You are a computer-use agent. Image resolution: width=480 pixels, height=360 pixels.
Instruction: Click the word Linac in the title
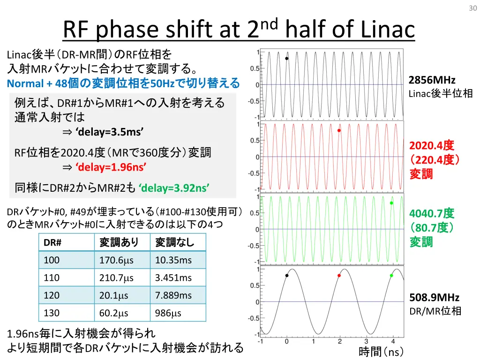389,30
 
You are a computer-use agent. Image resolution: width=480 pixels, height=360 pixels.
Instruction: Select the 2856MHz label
432,80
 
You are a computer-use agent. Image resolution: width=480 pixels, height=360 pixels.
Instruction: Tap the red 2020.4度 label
432,145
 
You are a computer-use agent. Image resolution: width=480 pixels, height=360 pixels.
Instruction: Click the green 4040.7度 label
432,214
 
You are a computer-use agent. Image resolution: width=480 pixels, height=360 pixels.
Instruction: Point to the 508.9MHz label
434,298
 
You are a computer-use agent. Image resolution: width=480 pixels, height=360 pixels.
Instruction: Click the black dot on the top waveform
287,59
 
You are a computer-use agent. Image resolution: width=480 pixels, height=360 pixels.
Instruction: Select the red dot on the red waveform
339,131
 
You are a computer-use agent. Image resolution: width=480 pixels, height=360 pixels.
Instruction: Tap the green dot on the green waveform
391,203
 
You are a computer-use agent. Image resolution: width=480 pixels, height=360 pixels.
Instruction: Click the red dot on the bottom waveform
339,276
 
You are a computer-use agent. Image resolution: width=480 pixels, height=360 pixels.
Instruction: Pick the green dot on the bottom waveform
391,276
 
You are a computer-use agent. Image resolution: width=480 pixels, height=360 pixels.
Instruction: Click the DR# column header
53,242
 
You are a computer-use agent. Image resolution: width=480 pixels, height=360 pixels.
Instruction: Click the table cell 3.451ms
173,278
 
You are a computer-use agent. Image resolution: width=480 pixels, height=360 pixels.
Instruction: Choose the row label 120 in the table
52,295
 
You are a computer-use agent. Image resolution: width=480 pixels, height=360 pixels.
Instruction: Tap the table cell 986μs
168,313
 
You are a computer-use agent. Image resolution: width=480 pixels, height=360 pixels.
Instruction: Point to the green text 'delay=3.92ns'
174,188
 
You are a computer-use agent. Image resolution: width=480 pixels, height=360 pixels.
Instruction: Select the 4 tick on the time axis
393,342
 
